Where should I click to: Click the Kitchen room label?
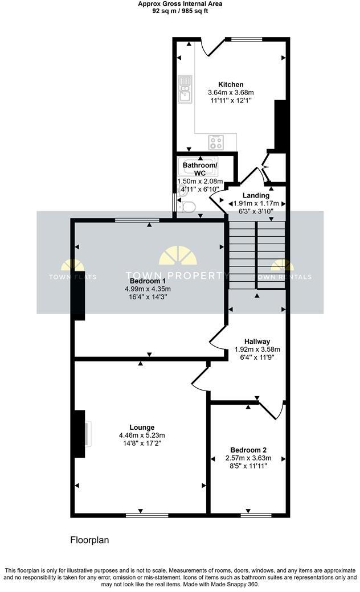point(231,85)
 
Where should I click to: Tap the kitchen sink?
point(185,89)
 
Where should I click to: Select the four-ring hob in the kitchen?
point(216,142)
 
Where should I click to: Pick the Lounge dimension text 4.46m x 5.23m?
point(142,435)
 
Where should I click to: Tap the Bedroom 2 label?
point(248,450)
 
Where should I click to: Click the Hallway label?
point(257,342)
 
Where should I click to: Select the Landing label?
point(256,196)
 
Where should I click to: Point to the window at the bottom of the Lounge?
point(147,515)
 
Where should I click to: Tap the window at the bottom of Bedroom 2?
point(256,515)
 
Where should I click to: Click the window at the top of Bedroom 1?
point(137,220)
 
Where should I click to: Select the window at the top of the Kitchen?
point(244,39)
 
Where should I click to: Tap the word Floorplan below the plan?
point(89,540)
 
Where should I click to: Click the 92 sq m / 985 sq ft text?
point(180,11)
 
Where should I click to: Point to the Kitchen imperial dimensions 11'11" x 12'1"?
point(231,100)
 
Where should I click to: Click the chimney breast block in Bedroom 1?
point(79,295)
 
